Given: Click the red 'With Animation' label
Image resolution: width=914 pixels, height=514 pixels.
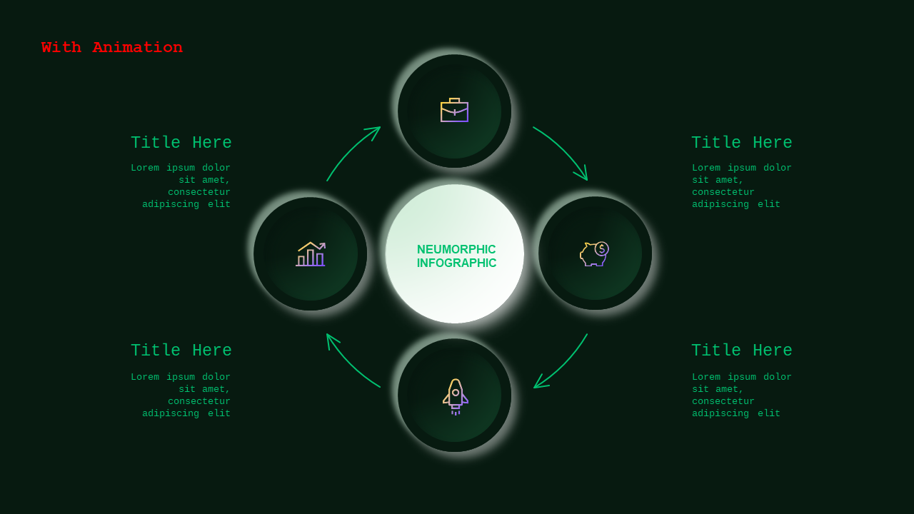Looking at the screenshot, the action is [112, 47].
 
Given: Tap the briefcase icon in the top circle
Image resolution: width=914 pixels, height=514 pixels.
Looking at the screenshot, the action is [455, 110].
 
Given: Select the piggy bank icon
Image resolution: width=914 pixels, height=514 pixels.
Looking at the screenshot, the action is [595, 253].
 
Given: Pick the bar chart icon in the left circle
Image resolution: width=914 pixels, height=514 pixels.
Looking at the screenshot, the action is [311, 253].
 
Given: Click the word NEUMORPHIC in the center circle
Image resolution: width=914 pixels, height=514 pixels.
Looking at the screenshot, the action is [456, 249].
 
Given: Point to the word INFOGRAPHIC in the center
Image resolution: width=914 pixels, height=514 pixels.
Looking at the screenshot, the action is [456, 263].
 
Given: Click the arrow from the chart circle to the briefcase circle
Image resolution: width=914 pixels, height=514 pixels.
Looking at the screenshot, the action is [350, 150].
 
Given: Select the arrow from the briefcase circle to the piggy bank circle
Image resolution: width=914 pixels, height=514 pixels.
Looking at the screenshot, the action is [564, 149].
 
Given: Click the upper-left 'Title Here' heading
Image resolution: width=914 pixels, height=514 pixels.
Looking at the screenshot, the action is [181, 143].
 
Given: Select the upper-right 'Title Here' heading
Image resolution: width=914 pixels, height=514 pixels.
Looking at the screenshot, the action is [742, 143].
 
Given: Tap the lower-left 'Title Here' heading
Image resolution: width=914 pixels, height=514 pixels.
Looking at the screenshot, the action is [181, 351].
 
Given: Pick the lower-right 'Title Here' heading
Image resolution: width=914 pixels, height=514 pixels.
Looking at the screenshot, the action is [742, 351].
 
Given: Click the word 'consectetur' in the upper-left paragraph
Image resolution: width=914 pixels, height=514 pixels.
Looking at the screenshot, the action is [199, 192].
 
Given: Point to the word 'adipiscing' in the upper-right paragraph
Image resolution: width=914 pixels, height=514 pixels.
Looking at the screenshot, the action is [720, 204].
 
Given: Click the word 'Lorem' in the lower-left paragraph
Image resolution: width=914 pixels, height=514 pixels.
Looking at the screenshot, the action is [145, 377].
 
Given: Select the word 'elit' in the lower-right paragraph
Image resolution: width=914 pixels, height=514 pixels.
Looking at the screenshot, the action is [769, 413].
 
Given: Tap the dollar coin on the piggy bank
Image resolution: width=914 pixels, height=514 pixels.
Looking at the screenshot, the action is [602, 249].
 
